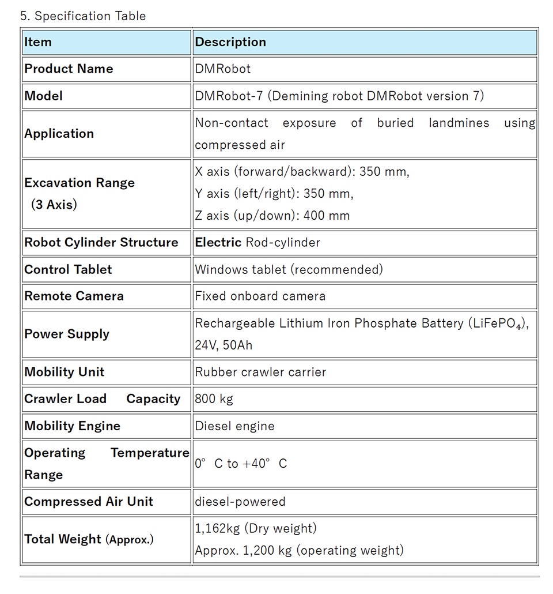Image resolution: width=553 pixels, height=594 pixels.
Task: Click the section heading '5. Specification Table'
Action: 83,16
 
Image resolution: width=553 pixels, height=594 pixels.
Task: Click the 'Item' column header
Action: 38,42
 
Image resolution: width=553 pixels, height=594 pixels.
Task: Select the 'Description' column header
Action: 230,42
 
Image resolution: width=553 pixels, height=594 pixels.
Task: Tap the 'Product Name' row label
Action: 69,69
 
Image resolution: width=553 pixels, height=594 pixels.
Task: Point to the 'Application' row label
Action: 59,133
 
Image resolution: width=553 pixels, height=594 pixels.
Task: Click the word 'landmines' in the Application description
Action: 459,123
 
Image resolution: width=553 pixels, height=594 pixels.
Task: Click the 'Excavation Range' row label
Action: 79,183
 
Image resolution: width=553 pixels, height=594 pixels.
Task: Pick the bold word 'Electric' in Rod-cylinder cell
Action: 218,242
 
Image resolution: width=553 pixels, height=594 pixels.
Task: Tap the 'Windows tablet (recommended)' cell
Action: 289,269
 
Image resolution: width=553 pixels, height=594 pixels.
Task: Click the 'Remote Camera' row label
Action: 74,296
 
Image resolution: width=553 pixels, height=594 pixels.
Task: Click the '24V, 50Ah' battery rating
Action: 224,345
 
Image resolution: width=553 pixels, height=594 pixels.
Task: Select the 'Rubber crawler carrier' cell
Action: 260,372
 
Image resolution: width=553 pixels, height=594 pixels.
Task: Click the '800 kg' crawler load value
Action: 214,398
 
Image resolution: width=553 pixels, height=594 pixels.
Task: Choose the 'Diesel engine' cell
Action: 234,426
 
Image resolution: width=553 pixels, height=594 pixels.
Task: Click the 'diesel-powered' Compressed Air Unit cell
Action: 240,502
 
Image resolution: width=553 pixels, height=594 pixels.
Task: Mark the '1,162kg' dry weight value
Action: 217,528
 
